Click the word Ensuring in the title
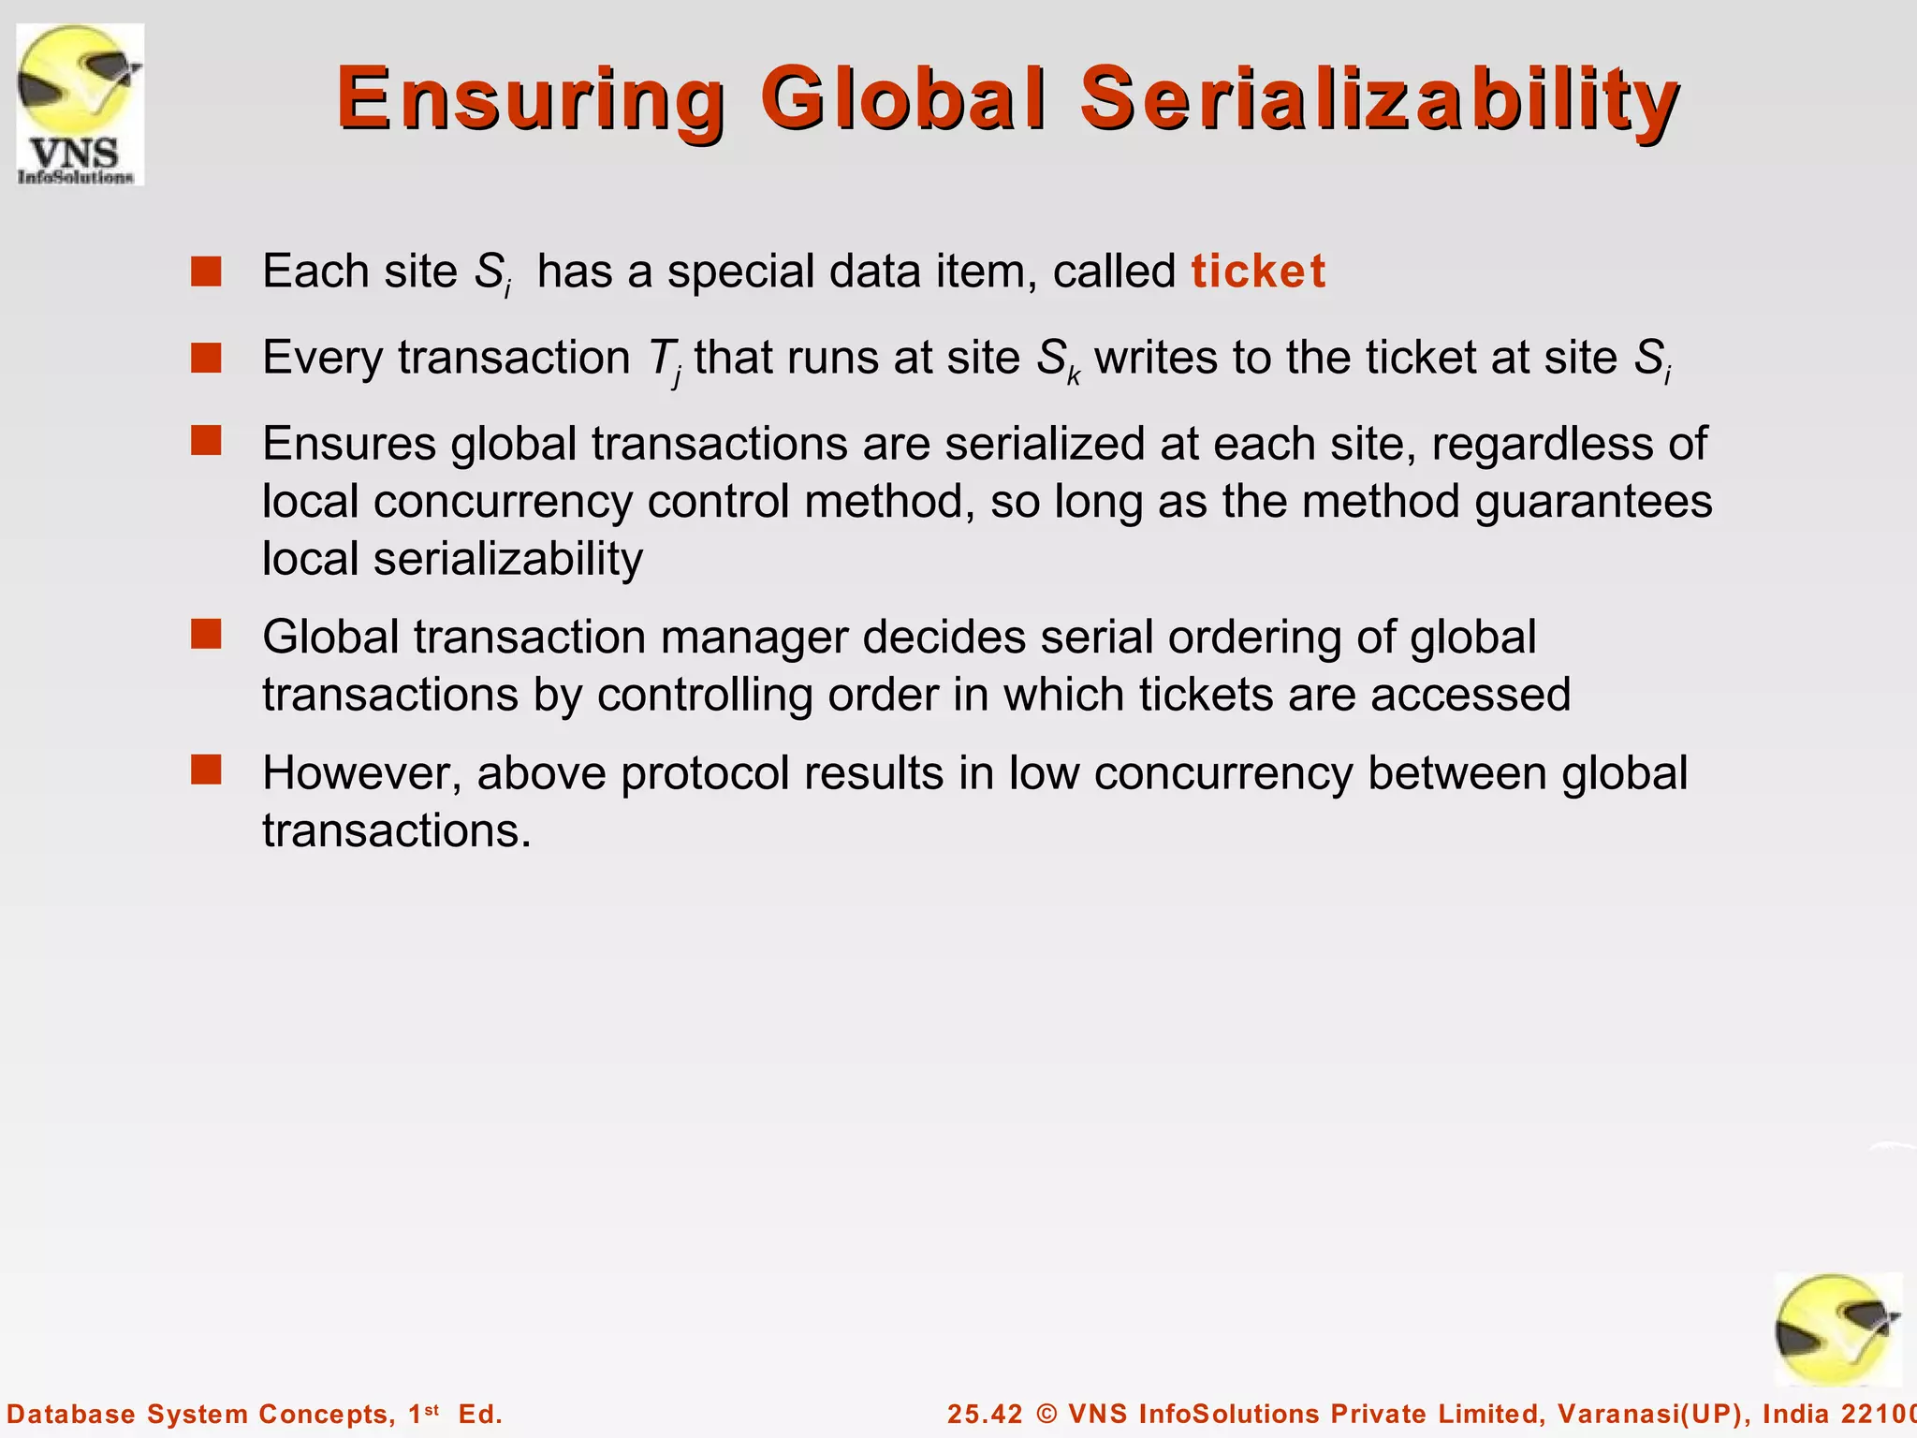pos(530,99)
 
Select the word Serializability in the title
pos(1380,99)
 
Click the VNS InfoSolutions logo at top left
pos(80,104)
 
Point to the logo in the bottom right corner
pos(1837,1329)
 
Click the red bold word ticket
pos(1258,271)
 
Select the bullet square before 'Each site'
pos(206,271)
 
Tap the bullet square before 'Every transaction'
pos(206,358)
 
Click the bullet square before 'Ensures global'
pos(206,440)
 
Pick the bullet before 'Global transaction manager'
pos(206,634)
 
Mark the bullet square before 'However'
pos(206,770)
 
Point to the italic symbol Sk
pos(1058,360)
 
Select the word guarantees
pos(1593,502)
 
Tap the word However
pos(361,774)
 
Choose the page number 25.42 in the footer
pos(985,1414)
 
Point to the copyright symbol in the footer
pos(1046,1414)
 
